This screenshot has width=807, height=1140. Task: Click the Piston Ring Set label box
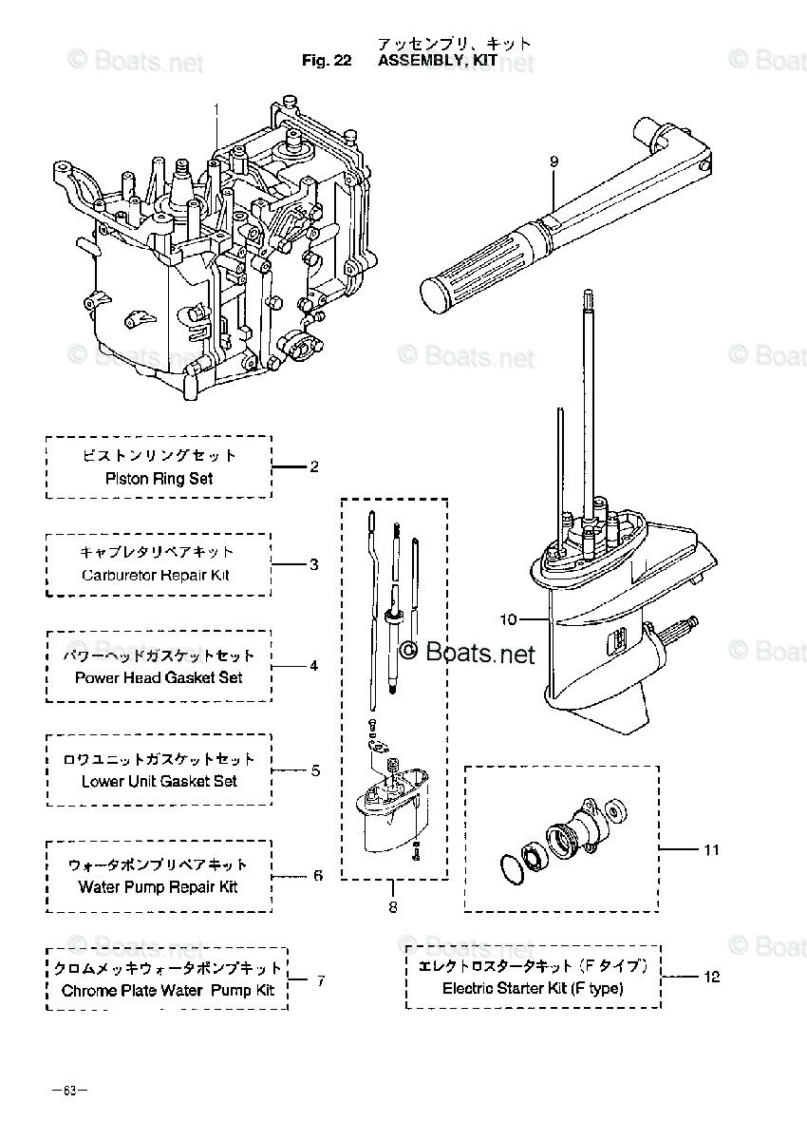coord(159,466)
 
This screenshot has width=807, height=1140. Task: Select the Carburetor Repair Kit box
coord(159,563)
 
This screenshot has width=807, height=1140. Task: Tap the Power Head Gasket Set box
coord(159,666)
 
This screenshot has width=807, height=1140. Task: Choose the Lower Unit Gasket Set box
coord(159,769)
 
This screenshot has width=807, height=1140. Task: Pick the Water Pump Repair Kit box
coord(159,875)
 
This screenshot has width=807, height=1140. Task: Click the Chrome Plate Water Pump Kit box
coord(167,978)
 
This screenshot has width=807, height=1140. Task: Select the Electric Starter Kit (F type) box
coord(533,977)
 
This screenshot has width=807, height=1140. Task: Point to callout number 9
coord(554,162)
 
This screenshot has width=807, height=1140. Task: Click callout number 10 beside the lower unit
coord(508,620)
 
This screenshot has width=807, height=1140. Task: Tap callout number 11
coord(711,849)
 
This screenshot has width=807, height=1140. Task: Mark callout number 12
coord(712,977)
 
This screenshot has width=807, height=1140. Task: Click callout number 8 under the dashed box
coord(392,907)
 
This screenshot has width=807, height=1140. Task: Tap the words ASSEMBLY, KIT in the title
coord(437,61)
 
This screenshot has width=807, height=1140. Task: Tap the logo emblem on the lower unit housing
coord(618,637)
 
